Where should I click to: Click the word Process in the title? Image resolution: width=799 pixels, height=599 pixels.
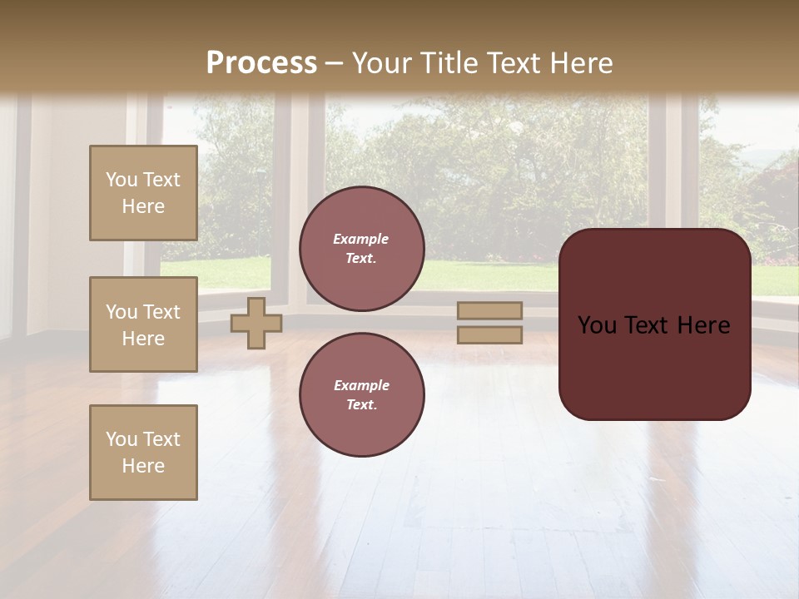point(261,63)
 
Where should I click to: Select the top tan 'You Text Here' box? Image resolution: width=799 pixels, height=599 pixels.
point(143,193)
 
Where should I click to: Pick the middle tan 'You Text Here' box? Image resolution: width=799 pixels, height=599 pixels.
point(143,324)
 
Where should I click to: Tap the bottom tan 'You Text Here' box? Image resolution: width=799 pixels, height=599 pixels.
point(143,453)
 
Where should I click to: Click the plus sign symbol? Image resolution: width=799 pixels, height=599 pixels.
point(256,324)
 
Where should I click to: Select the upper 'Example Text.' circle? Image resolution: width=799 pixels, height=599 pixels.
point(361,249)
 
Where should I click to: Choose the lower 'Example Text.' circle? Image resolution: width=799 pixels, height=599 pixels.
point(361,395)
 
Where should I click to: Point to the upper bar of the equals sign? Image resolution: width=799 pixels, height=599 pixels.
point(489,311)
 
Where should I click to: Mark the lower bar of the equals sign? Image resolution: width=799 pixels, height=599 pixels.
point(489,334)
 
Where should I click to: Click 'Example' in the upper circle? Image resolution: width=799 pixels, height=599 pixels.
point(361,239)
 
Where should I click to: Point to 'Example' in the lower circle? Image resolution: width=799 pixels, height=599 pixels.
point(361,385)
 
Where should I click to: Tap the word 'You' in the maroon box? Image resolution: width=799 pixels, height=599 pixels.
point(597,325)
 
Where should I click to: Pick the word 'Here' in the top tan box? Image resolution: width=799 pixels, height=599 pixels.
point(143,206)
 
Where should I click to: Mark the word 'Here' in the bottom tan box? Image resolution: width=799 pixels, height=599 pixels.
point(143,466)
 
